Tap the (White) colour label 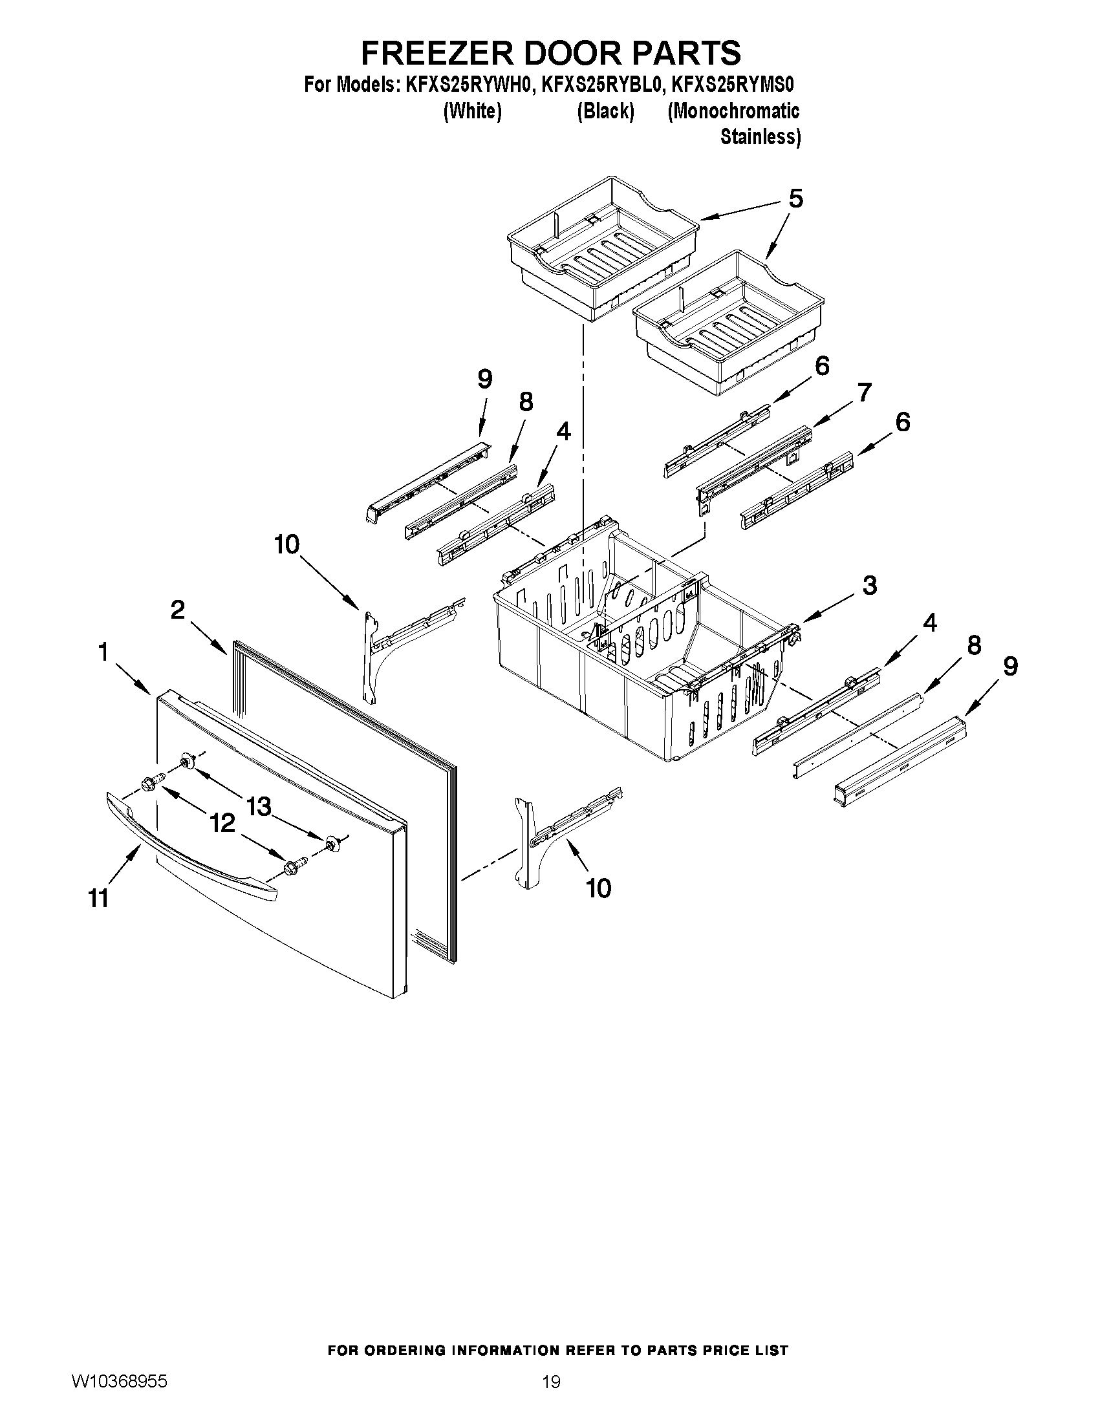(473, 111)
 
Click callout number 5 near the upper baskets (795, 198)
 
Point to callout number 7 (863, 393)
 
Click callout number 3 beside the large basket (870, 586)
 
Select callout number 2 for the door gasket (177, 610)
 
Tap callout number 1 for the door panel (103, 652)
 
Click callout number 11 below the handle (98, 899)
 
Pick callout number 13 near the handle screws (259, 807)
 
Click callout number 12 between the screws (222, 824)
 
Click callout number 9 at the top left (484, 379)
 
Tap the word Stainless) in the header (760, 138)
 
